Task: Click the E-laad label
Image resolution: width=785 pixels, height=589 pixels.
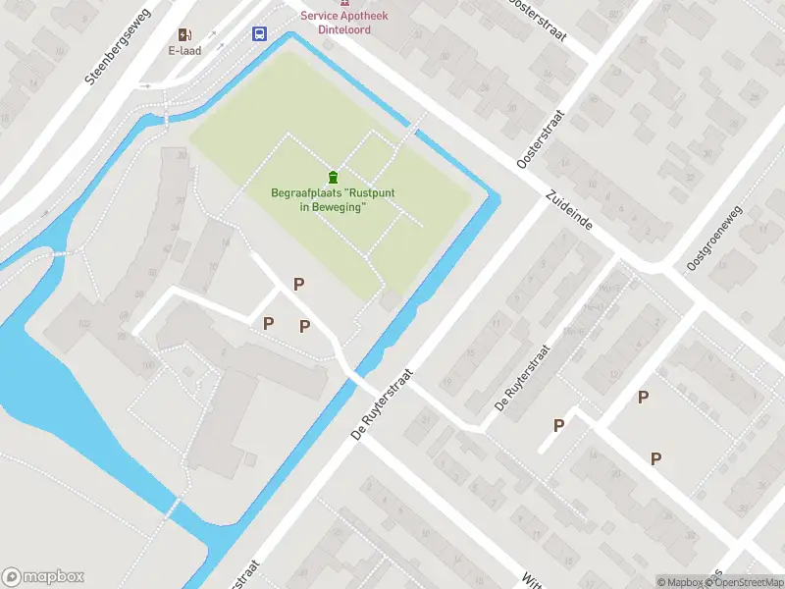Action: [x=184, y=50]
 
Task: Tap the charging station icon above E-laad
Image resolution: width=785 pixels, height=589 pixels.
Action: [x=184, y=33]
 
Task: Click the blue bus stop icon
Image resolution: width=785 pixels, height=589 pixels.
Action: [x=260, y=33]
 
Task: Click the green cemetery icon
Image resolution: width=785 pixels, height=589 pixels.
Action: [x=334, y=177]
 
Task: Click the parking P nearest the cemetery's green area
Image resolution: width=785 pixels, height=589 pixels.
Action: [x=299, y=284]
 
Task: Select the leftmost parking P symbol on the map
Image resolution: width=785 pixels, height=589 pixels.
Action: [x=268, y=322]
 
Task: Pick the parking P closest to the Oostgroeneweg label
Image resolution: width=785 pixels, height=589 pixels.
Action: [x=644, y=397]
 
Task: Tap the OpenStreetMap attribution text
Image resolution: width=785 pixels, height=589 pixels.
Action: [x=747, y=582]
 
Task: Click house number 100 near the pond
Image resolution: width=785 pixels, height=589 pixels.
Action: [x=148, y=366]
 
